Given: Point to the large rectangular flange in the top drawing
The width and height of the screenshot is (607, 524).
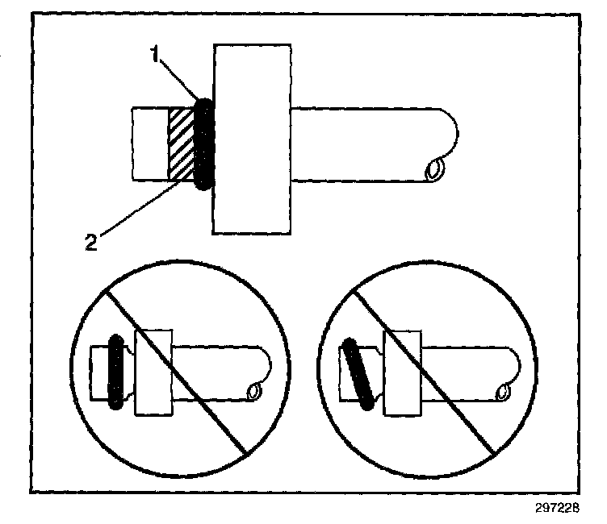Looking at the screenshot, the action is click(251, 139).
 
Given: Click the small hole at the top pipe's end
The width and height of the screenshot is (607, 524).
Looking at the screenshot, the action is click(436, 169).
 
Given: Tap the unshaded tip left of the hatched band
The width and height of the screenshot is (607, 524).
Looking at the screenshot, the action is click(149, 144).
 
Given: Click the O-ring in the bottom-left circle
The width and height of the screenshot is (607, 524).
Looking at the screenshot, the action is click(115, 370).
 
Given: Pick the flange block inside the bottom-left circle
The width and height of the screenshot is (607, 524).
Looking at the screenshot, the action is click(153, 372).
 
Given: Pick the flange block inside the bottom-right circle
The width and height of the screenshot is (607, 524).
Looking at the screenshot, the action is click(402, 372).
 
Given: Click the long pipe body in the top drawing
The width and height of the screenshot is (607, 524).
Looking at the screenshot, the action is click(363, 144).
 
